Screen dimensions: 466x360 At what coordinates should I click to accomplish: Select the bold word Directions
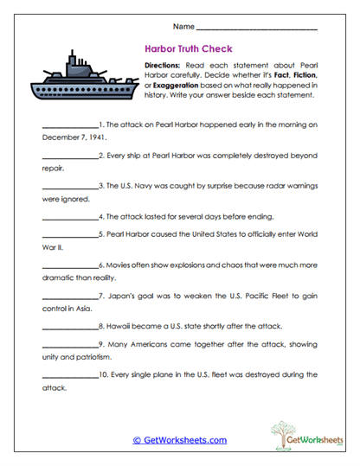coord(162,65)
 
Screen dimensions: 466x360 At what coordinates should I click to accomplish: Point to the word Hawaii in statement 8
coord(119,328)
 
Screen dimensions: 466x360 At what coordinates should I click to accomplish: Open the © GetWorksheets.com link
coord(179,440)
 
